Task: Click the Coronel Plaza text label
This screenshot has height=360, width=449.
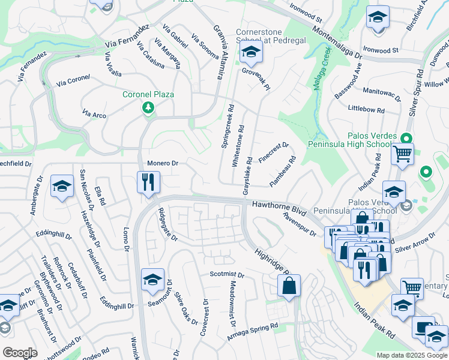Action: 148,95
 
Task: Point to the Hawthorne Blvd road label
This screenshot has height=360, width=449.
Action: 279,208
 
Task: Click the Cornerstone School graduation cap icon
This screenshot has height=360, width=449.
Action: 251,54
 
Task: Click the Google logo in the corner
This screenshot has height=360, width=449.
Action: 20,352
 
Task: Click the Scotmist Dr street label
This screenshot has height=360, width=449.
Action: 227,275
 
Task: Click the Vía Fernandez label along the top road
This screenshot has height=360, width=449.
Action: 126,37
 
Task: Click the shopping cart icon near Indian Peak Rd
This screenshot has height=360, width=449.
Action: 402,154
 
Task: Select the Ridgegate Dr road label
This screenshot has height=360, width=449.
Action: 167,225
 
